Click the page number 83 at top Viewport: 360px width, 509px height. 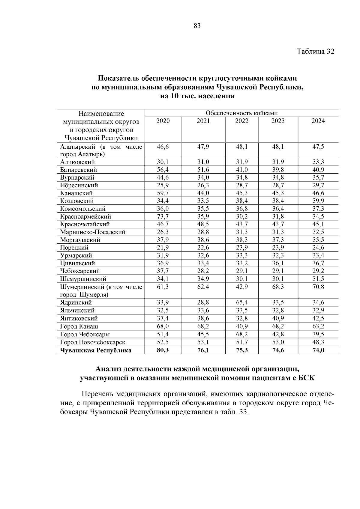pos(197,26)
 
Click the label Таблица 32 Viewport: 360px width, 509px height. pos(315,51)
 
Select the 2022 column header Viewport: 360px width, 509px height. pos(241,121)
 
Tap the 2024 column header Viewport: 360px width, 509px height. pos(318,121)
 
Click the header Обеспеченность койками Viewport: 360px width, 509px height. pos(241,113)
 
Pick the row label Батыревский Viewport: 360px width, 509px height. pos(78,170)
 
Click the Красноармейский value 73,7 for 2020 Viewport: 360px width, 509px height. pos(163,216)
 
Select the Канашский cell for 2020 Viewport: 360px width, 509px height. pos(163,193)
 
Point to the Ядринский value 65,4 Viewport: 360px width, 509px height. pos(241,302)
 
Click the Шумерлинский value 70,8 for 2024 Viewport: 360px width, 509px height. pos(318,287)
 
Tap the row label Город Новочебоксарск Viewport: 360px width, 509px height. pos(92,342)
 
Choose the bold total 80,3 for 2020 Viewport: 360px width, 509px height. pos(163,350)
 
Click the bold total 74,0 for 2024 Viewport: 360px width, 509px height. pos(318,350)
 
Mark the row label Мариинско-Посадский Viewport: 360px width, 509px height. pos(92,232)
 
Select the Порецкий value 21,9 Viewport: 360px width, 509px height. pos(163,248)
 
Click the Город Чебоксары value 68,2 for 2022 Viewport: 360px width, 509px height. pos(241,334)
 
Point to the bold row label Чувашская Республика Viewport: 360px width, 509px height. pos(95,350)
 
